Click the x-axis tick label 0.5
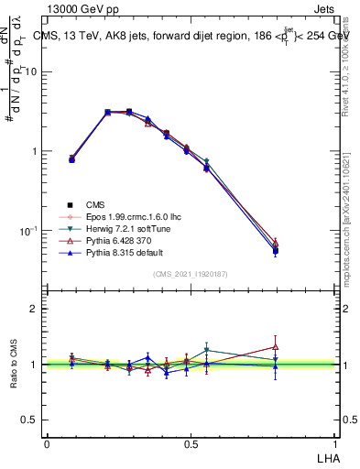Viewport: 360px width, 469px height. pyautogui.click(x=191, y=443)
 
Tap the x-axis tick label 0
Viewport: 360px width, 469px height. pyautogui.click(x=47, y=443)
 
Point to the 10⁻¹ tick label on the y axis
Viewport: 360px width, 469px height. pyautogui.click(x=32, y=230)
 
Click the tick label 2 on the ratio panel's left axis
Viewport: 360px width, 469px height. pyautogui.click(x=37, y=309)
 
